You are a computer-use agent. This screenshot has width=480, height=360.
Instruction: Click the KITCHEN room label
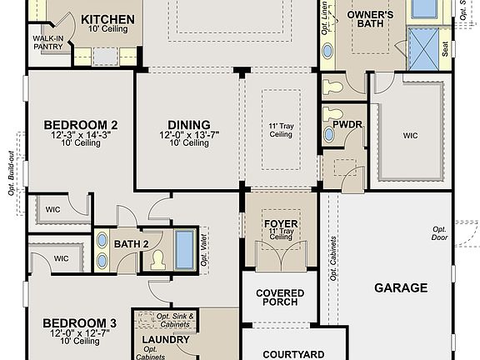click(x=107, y=18)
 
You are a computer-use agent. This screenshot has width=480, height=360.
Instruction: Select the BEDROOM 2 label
click(x=80, y=125)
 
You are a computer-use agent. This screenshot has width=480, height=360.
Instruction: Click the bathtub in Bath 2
click(x=184, y=247)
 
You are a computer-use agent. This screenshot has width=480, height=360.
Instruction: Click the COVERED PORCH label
click(x=279, y=298)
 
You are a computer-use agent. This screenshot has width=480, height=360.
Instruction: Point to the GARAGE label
click(x=400, y=288)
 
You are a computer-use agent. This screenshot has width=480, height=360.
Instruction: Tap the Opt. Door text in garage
click(x=439, y=233)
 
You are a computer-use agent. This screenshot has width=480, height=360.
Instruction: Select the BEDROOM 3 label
click(x=79, y=322)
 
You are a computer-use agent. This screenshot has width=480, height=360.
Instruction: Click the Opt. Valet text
click(x=203, y=246)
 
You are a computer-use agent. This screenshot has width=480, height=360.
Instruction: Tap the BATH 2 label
click(x=131, y=243)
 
